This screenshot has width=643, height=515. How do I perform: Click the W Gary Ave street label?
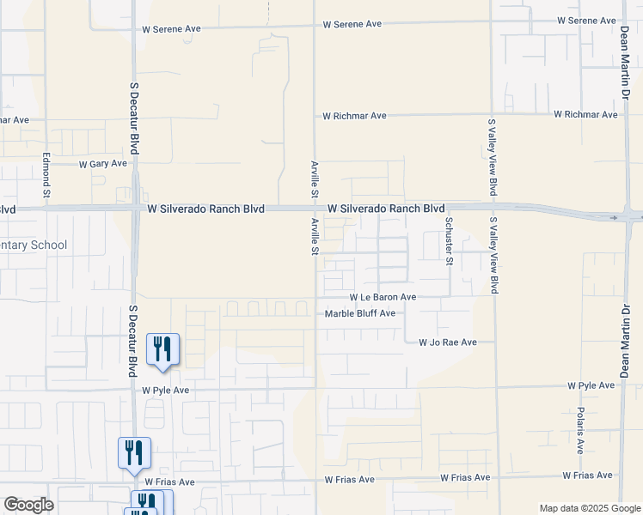[x=102, y=163]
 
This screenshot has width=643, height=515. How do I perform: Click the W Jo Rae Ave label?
[x=447, y=342]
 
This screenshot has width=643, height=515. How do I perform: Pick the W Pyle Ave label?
[x=165, y=390]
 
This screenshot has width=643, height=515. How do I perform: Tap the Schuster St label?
[x=449, y=241]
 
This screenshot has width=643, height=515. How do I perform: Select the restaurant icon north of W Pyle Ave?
[x=162, y=349]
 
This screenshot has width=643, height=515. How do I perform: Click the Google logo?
[x=28, y=505]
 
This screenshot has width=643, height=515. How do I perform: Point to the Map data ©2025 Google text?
[x=590, y=508]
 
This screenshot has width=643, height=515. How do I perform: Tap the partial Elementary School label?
[x=33, y=245]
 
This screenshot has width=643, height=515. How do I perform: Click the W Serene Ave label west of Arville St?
[x=171, y=28]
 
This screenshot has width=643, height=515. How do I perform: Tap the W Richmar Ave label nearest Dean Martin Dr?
[x=585, y=114]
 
